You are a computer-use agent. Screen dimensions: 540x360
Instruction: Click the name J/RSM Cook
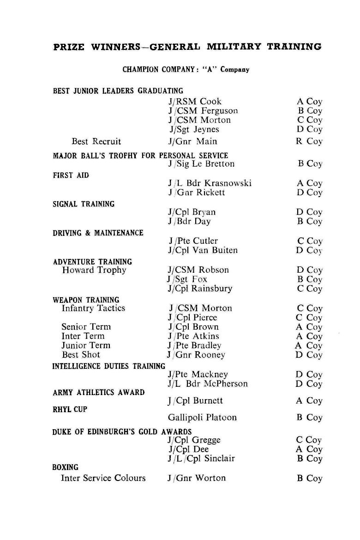click(x=195, y=102)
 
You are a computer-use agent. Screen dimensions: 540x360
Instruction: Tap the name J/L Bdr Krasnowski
click(x=210, y=183)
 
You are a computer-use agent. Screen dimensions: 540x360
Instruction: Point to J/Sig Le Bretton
click(x=201, y=164)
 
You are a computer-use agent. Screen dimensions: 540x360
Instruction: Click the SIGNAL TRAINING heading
click(x=84, y=204)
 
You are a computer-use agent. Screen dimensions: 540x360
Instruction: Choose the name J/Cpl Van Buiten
click(x=203, y=251)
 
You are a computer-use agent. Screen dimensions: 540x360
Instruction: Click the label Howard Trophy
click(x=94, y=270)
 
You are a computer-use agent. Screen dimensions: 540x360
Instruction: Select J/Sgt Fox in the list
click(x=187, y=279)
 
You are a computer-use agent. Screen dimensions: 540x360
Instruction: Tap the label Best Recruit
click(x=96, y=141)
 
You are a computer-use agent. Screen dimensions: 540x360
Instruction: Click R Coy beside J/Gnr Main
click(x=309, y=141)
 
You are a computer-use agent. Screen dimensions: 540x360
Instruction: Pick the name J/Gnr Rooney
click(x=196, y=355)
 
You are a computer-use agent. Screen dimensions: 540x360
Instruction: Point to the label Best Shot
click(x=81, y=355)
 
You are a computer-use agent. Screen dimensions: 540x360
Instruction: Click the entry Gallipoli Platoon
click(x=202, y=418)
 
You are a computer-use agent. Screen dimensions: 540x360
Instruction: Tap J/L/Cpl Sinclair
click(x=201, y=459)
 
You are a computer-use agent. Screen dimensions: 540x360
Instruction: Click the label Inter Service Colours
click(x=103, y=478)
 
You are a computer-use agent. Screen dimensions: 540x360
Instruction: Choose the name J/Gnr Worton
click(x=197, y=478)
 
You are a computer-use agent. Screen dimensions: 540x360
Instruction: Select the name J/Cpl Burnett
click(x=195, y=401)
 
